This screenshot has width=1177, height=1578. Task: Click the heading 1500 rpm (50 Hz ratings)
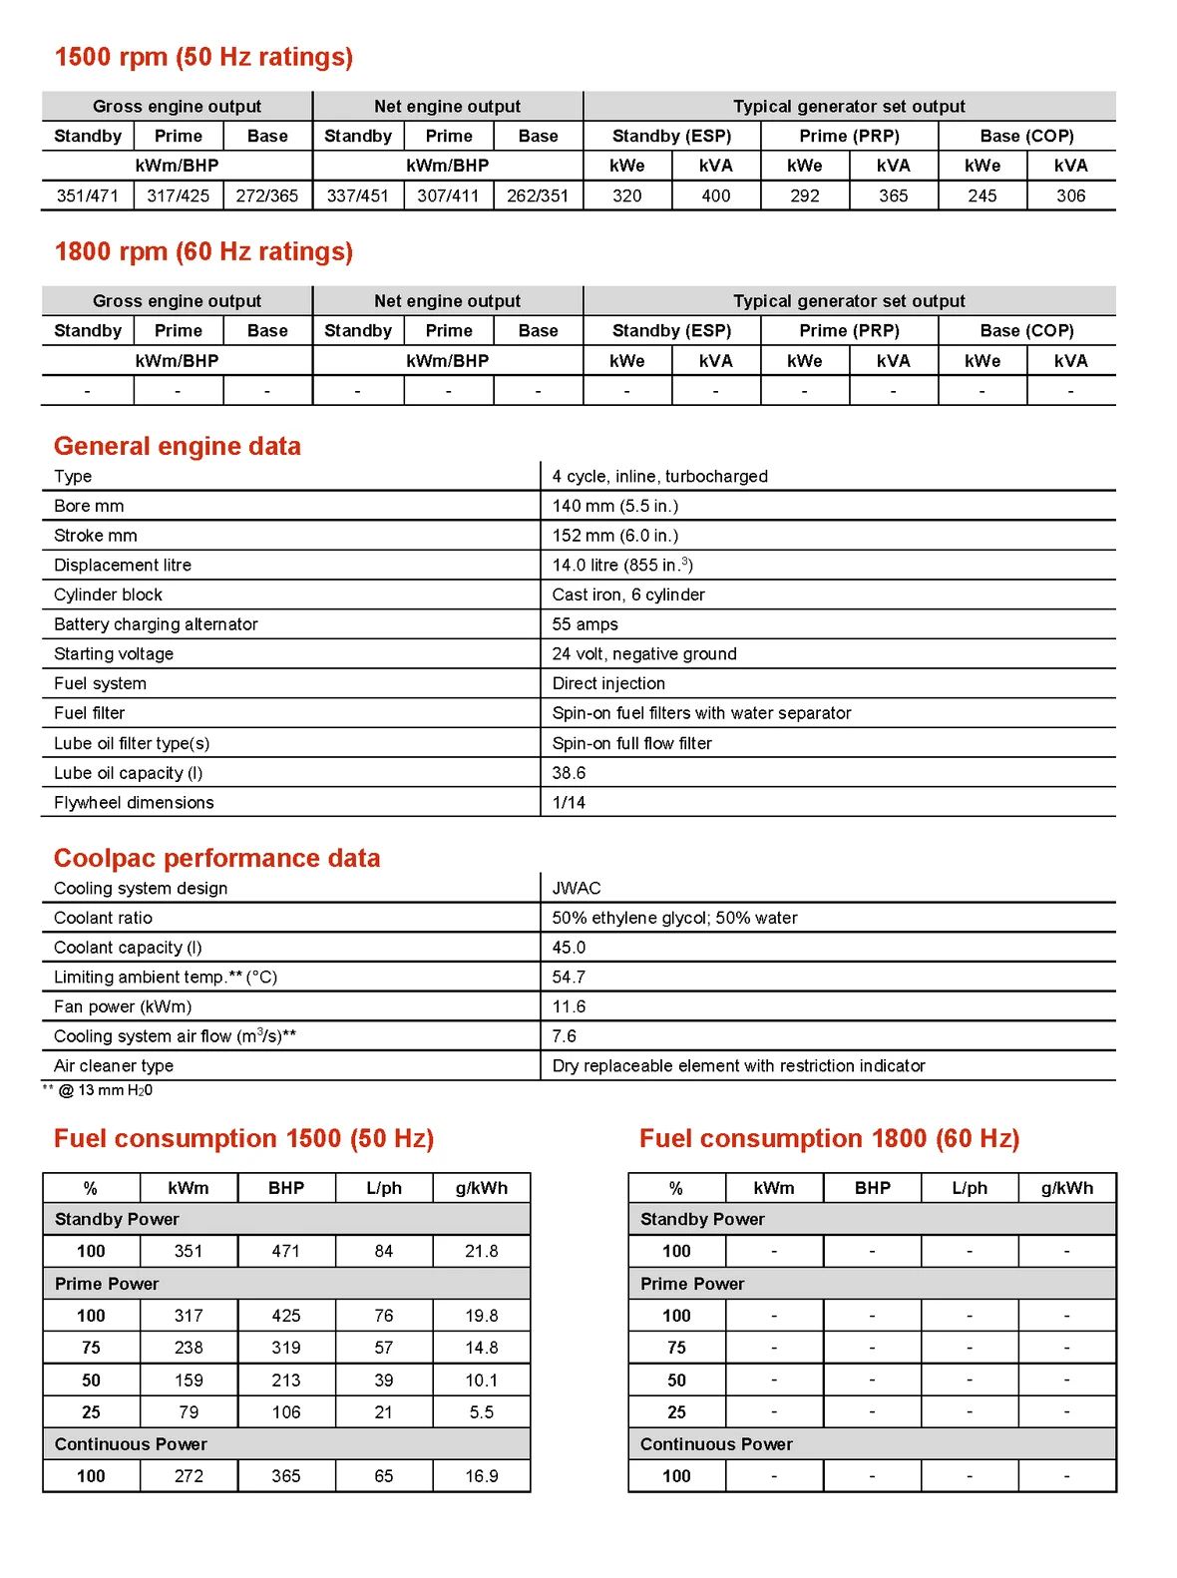(x=203, y=57)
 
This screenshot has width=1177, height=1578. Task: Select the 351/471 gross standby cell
(x=88, y=196)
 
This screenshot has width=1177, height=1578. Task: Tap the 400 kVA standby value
(x=715, y=196)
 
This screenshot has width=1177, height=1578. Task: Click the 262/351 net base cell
(x=537, y=196)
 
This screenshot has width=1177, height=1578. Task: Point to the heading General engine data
(x=177, y=446)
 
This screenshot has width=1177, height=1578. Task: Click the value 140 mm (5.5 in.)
(x=614, y=506)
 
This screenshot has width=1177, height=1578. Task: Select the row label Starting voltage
(x=114, y=653)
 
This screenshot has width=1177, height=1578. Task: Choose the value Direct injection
(x=608, y=683)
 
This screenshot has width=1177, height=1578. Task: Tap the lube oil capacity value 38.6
(x=569, y=773)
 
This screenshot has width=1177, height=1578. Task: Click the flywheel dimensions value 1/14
(x=569, y=802)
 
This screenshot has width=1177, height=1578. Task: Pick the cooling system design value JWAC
(x=577, y=888)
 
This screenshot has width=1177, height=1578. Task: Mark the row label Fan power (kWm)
(x=123, y=1006)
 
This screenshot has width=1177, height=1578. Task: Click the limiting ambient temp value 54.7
(x=569, y=977)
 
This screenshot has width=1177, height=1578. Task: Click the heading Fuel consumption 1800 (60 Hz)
(x=829, y=1138)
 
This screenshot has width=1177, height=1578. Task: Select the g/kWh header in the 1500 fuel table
(x=481, y=1188)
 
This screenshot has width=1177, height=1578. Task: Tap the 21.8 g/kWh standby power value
(x=481, y=1251)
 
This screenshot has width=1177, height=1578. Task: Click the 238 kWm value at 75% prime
(x=189, y=1348)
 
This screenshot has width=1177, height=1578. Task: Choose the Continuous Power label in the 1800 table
(x=716, y=1443)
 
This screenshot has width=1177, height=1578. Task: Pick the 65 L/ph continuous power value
(x=383, y=1475)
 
